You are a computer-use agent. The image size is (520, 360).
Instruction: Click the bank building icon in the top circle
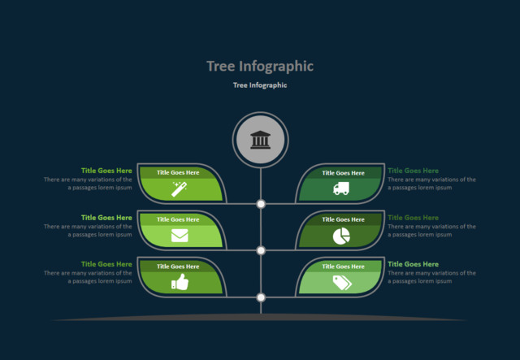[260, 140]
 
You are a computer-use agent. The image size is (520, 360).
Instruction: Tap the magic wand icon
[180, 189]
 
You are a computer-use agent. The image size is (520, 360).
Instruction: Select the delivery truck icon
[341, 189]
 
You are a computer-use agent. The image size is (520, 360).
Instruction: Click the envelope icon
[180, 236]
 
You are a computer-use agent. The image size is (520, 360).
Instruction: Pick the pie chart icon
[341, 236]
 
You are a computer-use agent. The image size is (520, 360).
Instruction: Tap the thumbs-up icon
[180, 282]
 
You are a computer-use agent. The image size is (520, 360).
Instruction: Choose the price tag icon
[341, 282]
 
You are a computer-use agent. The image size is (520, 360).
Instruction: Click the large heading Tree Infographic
[260, 67]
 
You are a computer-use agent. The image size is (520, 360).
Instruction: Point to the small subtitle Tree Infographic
[260, 85]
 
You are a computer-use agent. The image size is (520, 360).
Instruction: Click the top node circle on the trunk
[261, 204]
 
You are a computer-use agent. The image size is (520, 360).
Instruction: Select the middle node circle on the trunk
[261, 250]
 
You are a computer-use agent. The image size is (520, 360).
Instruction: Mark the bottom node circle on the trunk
[261, 297]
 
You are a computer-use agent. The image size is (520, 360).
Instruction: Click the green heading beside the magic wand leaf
[106, 171]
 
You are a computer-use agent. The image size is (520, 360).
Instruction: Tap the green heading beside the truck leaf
[413, 171]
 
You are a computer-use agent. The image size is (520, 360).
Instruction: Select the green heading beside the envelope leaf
[106, 218]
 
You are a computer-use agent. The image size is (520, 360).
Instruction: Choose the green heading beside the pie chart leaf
[413, 218]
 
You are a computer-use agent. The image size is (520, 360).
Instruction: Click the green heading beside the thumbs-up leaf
[106, 264]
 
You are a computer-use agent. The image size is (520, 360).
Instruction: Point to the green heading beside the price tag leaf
[413, 264]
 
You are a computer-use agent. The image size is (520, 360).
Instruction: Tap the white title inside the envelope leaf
[178, 219]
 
